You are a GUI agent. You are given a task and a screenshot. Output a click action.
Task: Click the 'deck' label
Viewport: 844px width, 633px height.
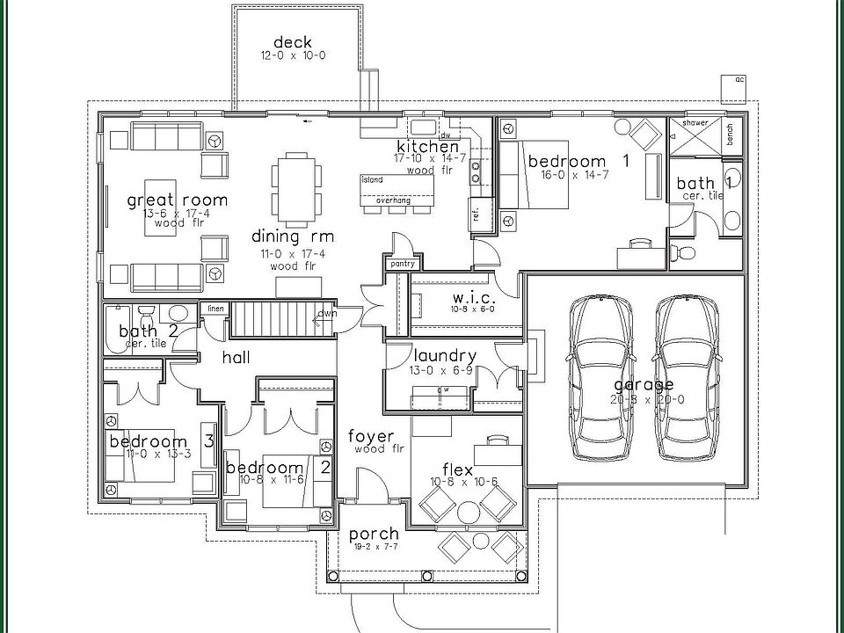[x=293, y=42]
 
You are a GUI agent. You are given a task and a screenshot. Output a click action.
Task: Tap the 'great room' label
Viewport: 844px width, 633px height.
[x=177, y=200]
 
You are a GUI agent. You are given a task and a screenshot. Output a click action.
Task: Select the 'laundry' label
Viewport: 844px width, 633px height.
[x=445, y=356]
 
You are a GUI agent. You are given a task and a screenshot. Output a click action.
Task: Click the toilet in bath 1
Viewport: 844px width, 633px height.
[x=682, y=253]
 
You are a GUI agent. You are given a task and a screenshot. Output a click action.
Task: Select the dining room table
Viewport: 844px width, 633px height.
[x=293, y=186]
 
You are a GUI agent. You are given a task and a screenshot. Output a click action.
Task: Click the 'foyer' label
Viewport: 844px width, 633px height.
[x=371, y=437]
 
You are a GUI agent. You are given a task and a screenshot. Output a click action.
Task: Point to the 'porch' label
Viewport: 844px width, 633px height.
[x=374, y=534]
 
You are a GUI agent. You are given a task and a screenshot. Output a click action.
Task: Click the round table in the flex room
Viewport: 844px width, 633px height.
[x=467, y=511]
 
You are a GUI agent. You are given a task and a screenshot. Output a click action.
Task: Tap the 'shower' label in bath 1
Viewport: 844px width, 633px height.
[x=695, y=123]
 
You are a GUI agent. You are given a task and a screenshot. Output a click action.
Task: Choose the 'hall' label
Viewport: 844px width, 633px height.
[x=236, y=358]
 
